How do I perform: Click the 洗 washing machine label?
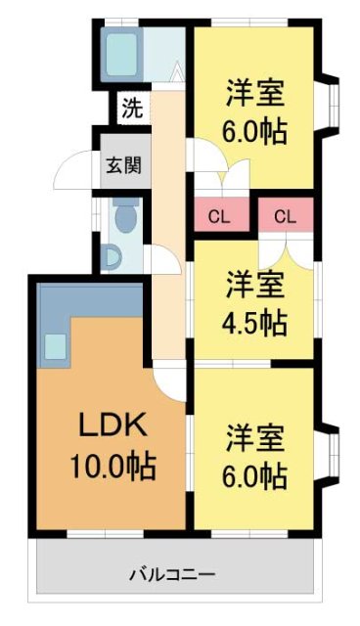click(x=131, y=106)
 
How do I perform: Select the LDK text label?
click(x=112, y=425)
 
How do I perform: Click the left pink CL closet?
click(x=219, y=216)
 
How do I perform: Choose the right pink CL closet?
click(x=285, y=216)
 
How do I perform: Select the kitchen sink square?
click(x=55, y=345)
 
